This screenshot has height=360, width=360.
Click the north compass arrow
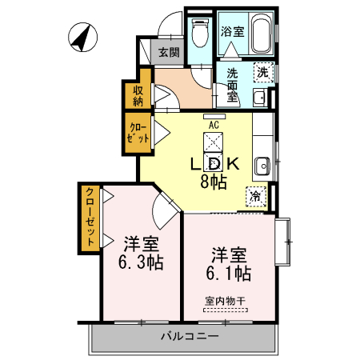coord(80,36)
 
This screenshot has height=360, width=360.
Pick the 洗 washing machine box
coord(262,72)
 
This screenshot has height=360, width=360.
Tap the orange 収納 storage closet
coord(138,94)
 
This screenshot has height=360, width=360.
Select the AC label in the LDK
coord(214,125)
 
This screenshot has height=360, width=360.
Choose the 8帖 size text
coord(213,182)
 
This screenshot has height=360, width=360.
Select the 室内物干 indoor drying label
coord(226,302)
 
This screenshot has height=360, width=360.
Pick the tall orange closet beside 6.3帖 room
coord(90,215)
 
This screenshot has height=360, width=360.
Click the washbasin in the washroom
coord(258,97)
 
